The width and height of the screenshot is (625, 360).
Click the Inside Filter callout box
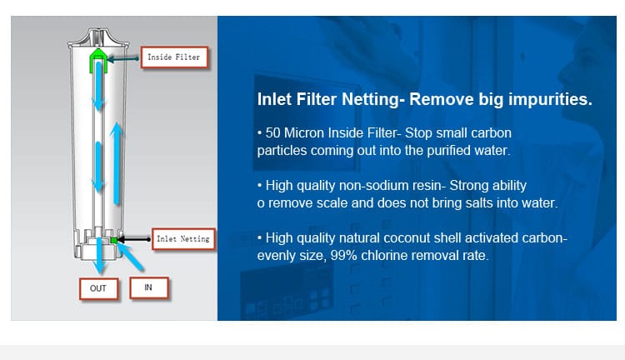tap(175, 57)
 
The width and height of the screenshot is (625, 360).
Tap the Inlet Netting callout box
tap(183, 239)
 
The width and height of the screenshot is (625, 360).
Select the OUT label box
tap(98, 288)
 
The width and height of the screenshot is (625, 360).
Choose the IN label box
tap(148, 287)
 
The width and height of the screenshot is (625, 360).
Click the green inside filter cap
tap(98, 61)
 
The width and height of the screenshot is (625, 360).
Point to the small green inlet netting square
tap(114, 240)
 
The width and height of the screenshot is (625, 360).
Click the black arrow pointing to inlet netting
tap(134, 239)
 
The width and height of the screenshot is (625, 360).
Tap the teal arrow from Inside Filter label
tap(123, 59)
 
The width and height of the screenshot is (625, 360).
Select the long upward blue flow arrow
tap(117, 163)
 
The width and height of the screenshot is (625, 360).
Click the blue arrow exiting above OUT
tap(99, 255)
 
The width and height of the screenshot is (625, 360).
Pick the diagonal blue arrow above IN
tap(130, 257)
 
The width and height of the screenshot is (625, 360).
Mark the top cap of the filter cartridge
tap(98, 37)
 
